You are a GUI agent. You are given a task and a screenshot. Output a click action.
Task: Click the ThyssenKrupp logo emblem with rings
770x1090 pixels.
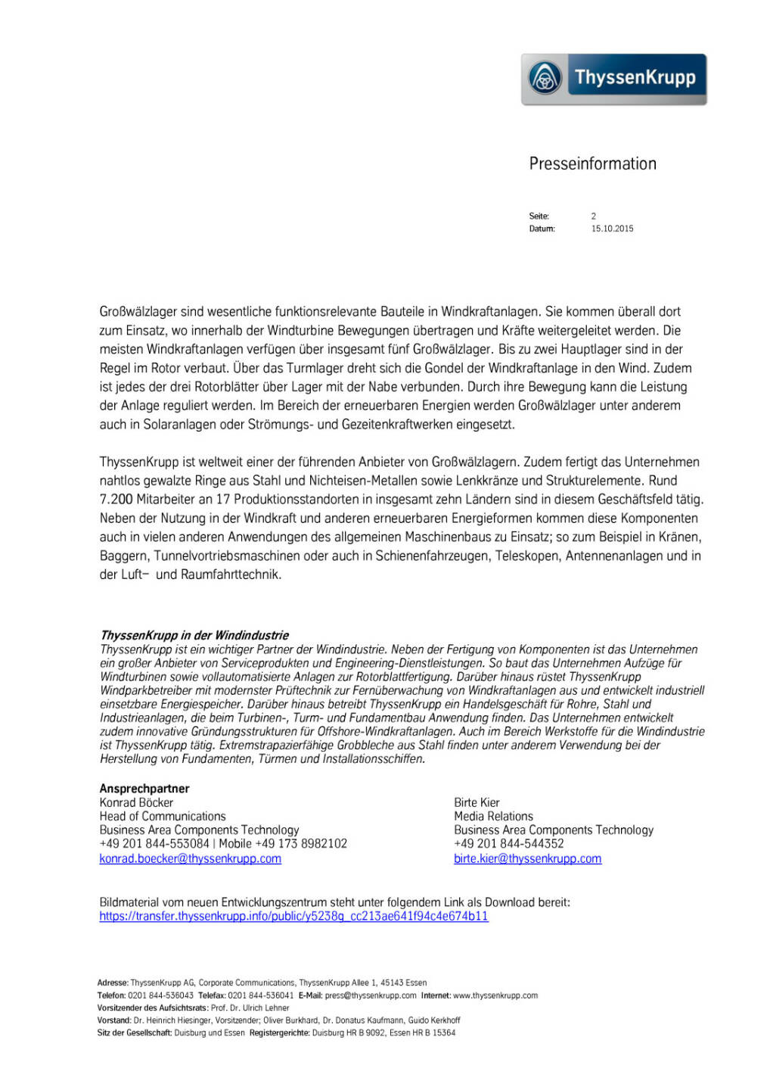(x=545, y=79)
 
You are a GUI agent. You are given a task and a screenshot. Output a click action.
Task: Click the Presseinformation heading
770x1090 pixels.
(x=592, y=163)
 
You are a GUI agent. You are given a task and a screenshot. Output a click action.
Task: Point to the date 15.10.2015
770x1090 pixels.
(x=612, y=229)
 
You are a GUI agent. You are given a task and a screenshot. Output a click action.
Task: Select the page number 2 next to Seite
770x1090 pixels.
(x=594, y=216)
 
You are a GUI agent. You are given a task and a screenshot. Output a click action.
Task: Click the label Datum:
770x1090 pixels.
(x=542, y=229)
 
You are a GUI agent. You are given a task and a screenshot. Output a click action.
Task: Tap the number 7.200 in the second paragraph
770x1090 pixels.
(x=116, y=500)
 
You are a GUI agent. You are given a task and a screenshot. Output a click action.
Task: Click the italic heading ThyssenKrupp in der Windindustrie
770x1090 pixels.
(x=194, y=635)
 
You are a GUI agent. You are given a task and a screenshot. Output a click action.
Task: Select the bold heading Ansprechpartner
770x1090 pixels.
(x=144, y=789)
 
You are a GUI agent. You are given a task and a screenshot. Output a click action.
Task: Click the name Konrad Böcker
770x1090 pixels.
(x=136, y=802)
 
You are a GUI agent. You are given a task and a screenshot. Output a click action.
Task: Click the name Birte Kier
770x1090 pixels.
(x=477, y=802)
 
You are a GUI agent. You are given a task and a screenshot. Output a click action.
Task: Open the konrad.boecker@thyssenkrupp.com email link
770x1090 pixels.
(x=190, y=858)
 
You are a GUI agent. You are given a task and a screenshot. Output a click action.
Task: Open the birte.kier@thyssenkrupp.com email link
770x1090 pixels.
(x=527, y=858)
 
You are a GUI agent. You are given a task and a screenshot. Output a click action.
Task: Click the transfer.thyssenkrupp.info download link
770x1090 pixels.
(x=293, y=916)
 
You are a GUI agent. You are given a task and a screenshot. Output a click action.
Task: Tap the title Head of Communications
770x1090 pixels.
(x=163, y=816)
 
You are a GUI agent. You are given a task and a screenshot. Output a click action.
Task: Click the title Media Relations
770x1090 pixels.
(x=493, y=816)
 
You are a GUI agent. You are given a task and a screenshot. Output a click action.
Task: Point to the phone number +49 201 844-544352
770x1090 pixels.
(x=508, y=843)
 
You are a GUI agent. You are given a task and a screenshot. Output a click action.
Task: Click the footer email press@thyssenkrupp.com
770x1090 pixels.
(x=371, y=995)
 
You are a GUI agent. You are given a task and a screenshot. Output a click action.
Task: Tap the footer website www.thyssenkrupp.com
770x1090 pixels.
(x=495, y=995)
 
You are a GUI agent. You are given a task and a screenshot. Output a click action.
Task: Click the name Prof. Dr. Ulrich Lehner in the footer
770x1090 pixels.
(x=250, y=1008)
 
